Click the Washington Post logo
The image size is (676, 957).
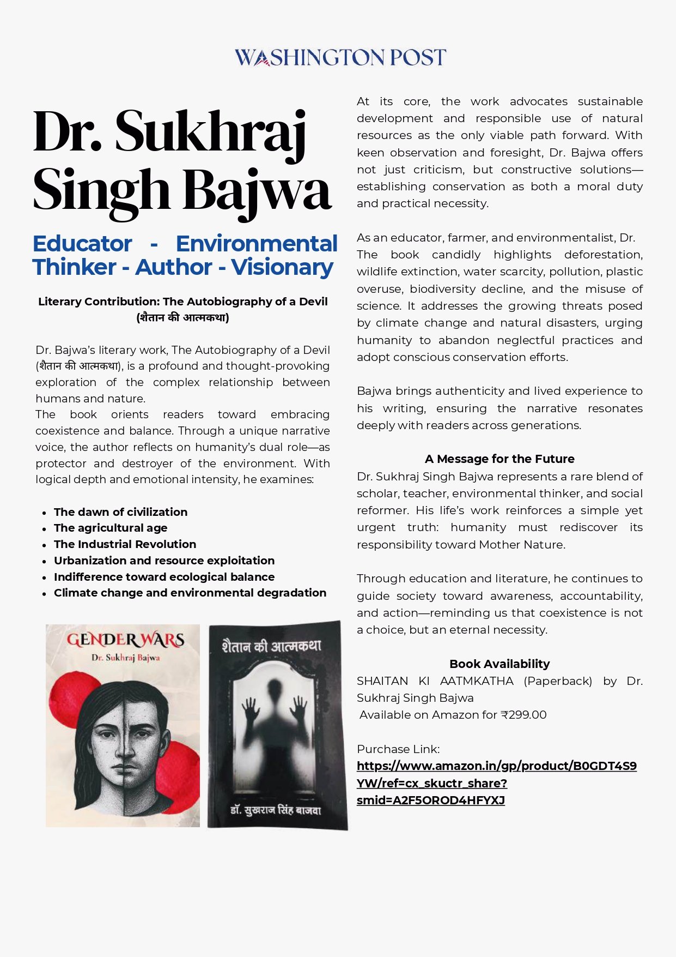click(340, 57)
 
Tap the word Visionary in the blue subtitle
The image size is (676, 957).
click(282, 267)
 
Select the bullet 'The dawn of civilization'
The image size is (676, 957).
click(120, 512)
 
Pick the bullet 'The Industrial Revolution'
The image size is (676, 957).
click(125, 544)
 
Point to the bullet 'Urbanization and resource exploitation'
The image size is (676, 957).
click(164, 561)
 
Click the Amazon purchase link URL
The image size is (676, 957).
click(496, 783)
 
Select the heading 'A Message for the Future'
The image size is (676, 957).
click(500, 459)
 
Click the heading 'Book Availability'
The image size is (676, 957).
click(500, 664)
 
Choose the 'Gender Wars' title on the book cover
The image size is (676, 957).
click(125, 640)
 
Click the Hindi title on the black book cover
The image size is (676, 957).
click(271, 647)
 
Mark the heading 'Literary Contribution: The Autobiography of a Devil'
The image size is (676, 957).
click(183, 302)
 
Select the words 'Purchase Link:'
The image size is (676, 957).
click(398, 749)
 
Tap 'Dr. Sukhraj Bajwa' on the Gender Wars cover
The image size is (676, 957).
click(125, 658)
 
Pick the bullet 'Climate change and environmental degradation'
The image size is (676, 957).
click(190, 593)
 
